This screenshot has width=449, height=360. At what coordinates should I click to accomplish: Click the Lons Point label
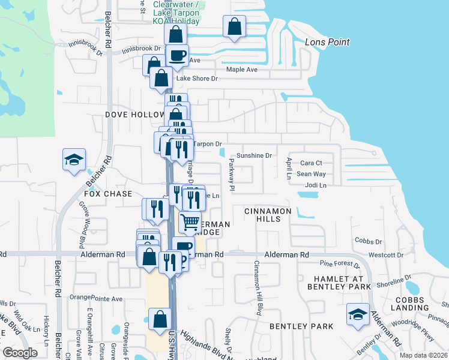tap(327, 43)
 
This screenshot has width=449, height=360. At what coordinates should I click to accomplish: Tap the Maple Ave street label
tap(242, 70)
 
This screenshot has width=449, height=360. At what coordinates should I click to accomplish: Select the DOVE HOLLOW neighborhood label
tap(134, 114)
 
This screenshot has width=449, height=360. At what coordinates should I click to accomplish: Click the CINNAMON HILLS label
tap(268, 215)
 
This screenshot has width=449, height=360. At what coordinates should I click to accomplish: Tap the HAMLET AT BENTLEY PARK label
tap(342, 283)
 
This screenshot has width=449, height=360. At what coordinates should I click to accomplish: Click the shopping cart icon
tap(190, 221)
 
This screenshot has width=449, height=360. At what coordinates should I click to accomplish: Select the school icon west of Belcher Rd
tap(74, 160)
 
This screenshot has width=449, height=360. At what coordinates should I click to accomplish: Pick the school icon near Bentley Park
tap(358, 314)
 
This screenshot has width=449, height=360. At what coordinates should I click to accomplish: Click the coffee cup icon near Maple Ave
tap(177, 55)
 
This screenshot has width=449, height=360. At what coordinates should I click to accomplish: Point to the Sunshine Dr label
tap(254, 155)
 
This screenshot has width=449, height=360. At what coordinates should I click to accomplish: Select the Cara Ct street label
tap(311, 163)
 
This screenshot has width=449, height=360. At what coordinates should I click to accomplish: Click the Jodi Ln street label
tap(315, 185)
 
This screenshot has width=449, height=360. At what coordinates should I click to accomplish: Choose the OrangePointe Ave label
tap(96, 298)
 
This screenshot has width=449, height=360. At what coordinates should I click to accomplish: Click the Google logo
tap(20, 353)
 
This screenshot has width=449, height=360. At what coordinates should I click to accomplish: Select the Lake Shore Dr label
tap(196, 79)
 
